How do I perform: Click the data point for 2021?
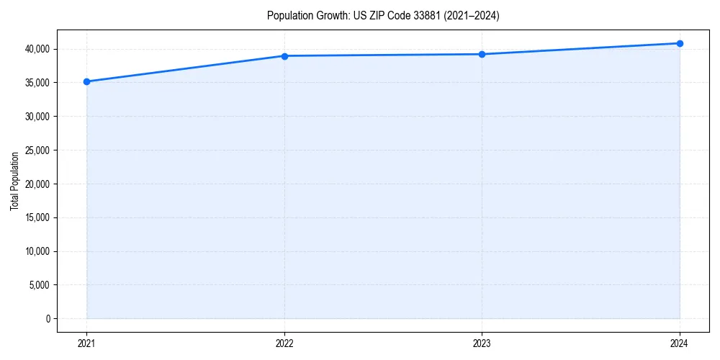[x=86, y=81]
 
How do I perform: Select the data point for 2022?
[x=284, y=56]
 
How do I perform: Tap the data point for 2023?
[x=482, y=54]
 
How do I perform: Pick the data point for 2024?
[x=680, y=43]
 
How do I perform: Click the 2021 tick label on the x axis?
[x=86, y=343]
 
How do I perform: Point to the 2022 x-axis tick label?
[x=284, y=343]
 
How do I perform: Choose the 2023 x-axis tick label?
[x=482, y=343]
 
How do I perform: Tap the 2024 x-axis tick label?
[x=680, y=343]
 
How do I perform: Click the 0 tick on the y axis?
[x=48, y=319]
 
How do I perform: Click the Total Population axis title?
[x=14, y=181]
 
